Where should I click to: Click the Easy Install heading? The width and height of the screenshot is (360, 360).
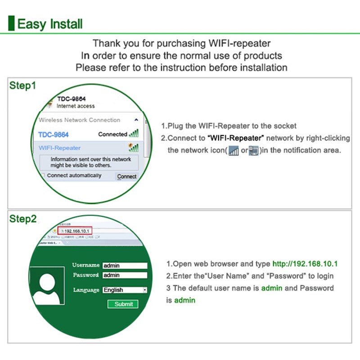tap(49, 23)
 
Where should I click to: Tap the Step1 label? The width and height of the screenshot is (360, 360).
tap(22, 85)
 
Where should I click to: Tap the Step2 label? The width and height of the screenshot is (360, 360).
tap(23, 219)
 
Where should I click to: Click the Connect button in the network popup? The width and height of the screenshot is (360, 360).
tap(126, 176)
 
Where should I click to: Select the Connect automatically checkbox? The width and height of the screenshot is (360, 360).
tap(43, 175)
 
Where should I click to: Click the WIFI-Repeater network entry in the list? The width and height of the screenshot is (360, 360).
tap(60, 148)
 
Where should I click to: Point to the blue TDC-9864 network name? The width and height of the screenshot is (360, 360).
tap(53, 135)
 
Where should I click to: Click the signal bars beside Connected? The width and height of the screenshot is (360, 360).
tap(134, 134)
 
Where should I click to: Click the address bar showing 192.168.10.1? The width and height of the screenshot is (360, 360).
tap(76, 231)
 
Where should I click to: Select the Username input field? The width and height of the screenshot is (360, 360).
tap(125, 265)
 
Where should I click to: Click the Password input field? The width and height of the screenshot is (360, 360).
tap(125, 275)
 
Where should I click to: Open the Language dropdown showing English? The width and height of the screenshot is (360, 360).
tap(125, 290)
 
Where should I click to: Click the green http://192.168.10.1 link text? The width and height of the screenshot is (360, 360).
tap(305, 264)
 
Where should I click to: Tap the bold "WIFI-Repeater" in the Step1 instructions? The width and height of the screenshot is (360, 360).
tap(237, 138)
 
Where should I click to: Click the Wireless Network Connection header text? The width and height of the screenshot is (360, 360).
tap(79, 120)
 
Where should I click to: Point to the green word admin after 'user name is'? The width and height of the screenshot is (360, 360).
tap(271, 288)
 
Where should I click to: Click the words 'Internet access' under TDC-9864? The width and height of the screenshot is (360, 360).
tap(76, 106)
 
